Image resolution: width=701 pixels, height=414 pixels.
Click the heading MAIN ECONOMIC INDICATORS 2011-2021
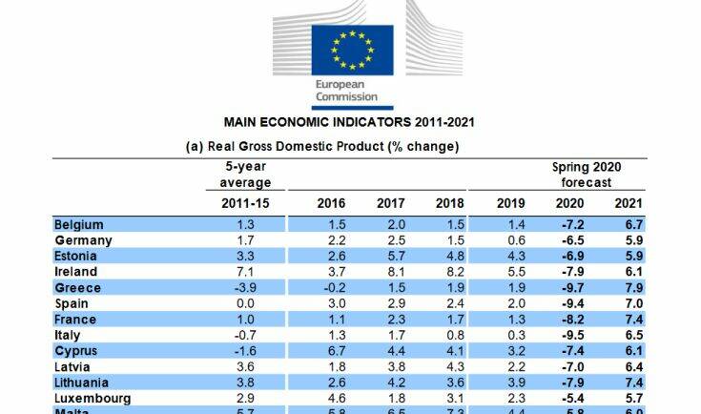click(349, 122)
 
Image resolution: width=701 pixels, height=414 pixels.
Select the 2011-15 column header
click(239, 203)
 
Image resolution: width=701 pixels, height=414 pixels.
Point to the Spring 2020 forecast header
click(587, 175)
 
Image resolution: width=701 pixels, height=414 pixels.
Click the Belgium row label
click(79, 224)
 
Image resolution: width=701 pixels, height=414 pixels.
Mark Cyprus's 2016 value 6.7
click(336, 351)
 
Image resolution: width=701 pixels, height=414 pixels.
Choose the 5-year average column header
click(239, 175)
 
